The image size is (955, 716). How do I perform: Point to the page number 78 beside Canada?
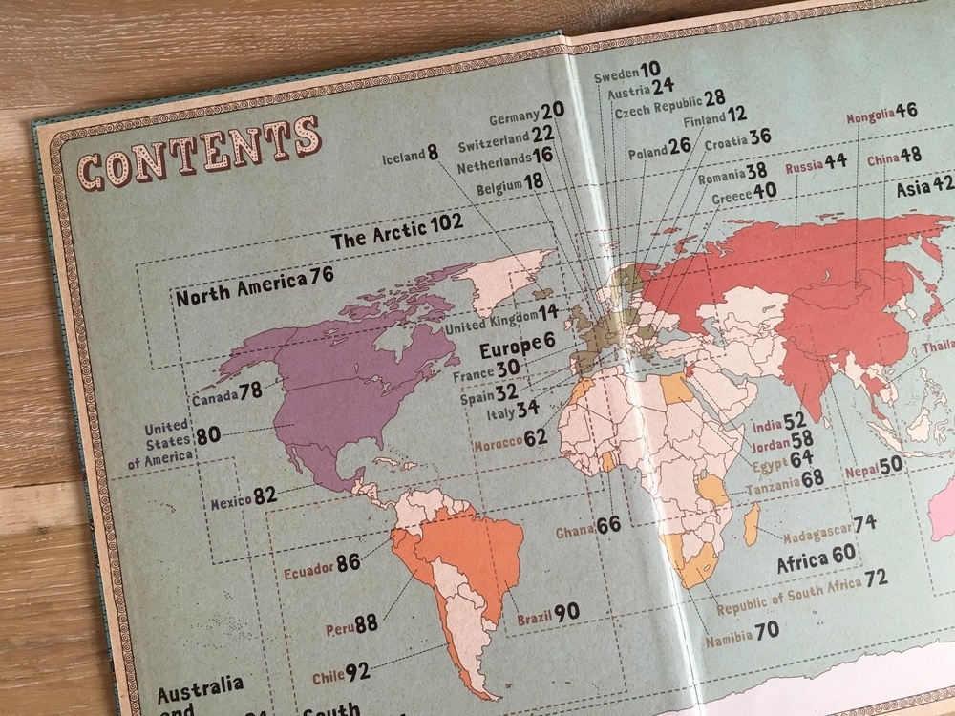point(250,391)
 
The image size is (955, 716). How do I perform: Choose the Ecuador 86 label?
point(322,564)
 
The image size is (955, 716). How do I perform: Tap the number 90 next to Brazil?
point(566,612)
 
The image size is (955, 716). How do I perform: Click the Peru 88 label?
point(351,624)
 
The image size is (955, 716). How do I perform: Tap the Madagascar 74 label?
point(829,524)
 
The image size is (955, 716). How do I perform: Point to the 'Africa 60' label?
point(816,556)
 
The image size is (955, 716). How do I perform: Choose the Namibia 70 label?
point(741,631)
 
